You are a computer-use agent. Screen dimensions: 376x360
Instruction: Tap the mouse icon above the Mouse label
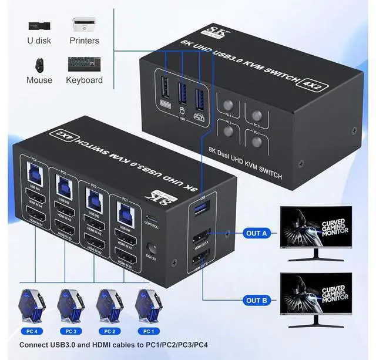point(39,63)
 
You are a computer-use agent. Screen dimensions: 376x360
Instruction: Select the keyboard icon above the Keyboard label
point(84,63)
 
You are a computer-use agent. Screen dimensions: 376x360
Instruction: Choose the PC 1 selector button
point(256,142)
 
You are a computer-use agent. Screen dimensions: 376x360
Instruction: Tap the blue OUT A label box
point(257,233)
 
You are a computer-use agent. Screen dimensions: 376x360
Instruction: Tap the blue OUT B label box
point(257,300)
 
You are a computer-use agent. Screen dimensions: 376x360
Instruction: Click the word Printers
point(84,41)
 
